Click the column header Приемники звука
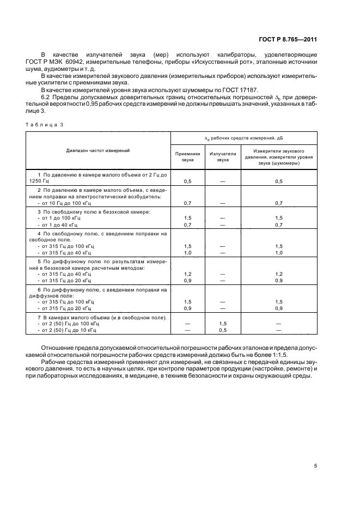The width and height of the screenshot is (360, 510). click(187, 157)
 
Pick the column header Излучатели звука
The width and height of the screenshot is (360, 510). click(222, 157)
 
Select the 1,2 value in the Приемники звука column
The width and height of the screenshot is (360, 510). click(187, 274)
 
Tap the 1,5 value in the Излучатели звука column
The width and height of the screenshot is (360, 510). click(222, 323)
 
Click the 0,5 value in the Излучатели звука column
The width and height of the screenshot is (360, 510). click(222, 330)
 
